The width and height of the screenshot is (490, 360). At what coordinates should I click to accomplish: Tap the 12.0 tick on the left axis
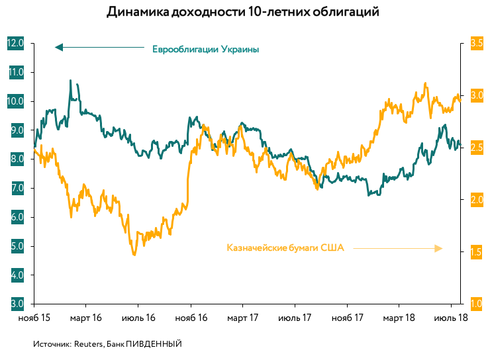15,43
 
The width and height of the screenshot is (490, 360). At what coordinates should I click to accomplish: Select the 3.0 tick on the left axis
15,304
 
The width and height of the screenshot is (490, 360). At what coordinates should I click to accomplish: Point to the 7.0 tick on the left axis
15,188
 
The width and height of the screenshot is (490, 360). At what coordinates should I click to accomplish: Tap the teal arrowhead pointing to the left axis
58,47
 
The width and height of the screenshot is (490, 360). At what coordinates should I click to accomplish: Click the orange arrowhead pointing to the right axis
438,248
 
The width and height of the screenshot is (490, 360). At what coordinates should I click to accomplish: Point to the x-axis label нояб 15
33,318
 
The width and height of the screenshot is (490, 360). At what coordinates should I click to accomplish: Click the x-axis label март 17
242,318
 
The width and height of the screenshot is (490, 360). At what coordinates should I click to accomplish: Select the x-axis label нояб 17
348,318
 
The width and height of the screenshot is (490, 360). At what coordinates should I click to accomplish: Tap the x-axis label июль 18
452,318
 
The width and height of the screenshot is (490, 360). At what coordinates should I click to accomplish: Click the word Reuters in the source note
87,344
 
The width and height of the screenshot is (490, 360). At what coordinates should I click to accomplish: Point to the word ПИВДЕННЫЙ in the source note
154,344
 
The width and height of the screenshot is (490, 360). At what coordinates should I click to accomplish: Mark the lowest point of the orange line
134,254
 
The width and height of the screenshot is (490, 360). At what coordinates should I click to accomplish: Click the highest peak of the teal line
71,81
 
